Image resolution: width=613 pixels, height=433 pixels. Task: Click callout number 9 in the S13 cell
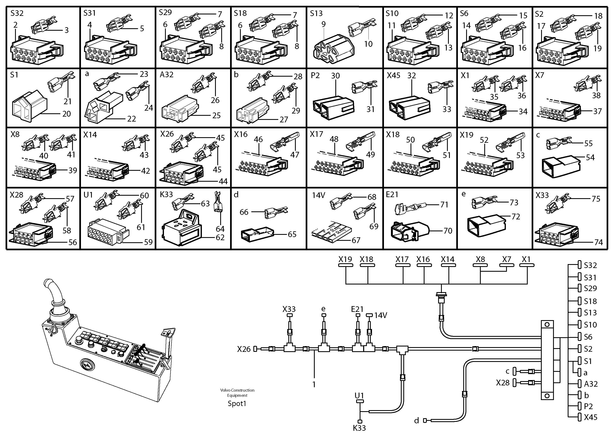coord(324,24)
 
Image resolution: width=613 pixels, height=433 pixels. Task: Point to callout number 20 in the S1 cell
coord(67,114)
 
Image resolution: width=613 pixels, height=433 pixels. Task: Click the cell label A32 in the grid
coord(167,75)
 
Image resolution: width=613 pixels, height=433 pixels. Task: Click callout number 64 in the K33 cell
coord(220,229)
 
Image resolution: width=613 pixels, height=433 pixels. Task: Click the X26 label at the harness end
coord(244,349)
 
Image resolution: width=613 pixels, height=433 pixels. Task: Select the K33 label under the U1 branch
coord(359,428)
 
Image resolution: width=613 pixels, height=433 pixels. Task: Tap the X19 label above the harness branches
coord(345,259)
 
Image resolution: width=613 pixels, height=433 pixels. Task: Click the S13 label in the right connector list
coord(590,313)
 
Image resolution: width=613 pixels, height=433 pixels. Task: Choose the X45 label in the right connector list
coord(590,417)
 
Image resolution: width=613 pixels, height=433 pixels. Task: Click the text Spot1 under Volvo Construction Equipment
coord(237,403)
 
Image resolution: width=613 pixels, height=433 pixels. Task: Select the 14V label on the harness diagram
coord(380,315)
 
